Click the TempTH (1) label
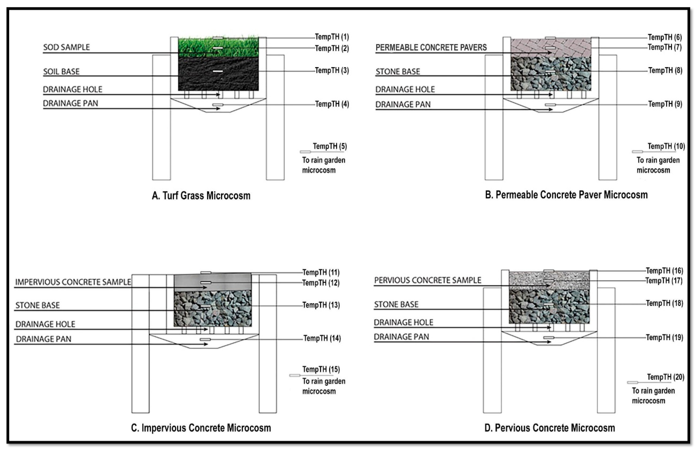click(x=332, y=37)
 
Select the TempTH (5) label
click(x=330, y=146)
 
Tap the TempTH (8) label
click(x=665, y=71)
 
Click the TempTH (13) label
click(x=321, y=305)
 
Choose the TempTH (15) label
click(x=321, y=369)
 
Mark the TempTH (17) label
click(x=664, y=281)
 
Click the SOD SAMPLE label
click(x=66, y=47)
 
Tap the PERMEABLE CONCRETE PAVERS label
click(x=431, y=47)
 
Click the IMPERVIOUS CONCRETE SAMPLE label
click(x=73, y=282)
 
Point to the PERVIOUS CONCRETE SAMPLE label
click(x=428, y=280)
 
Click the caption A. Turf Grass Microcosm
click(x=201, y=195)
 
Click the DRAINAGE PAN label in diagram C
click(x=44, y=339)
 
